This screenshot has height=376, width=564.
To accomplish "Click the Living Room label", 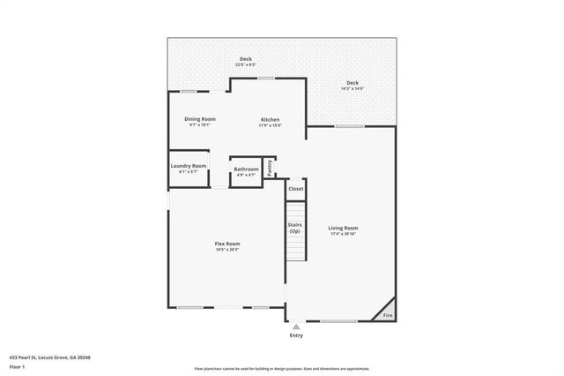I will [344, 228].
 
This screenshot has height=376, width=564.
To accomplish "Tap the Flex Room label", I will [227, 244].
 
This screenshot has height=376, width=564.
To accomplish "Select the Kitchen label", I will [270, 119].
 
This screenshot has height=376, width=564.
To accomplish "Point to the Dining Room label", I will [200, 119].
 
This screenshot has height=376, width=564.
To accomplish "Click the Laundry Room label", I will [189, 166].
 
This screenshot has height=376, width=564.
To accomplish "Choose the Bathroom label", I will [246, 169].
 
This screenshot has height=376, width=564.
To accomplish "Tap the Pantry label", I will [271, 166].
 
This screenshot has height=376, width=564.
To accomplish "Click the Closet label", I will [296, 189].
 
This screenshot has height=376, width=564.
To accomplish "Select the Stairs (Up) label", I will [295, 228].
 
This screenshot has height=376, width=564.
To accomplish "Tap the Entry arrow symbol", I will [296, 326].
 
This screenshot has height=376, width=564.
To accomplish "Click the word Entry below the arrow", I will [296, 335].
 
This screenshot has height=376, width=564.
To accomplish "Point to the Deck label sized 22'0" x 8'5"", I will [245, 59].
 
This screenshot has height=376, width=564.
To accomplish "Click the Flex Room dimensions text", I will [227, 250].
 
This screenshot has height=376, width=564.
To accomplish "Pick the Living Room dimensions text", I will [344, 234].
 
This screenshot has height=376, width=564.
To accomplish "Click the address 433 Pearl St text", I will [50, 357].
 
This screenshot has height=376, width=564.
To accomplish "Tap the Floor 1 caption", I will [18, 365].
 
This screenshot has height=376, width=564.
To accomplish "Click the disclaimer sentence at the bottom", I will [282, 369].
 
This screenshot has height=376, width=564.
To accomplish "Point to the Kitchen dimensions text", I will [270, 125].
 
